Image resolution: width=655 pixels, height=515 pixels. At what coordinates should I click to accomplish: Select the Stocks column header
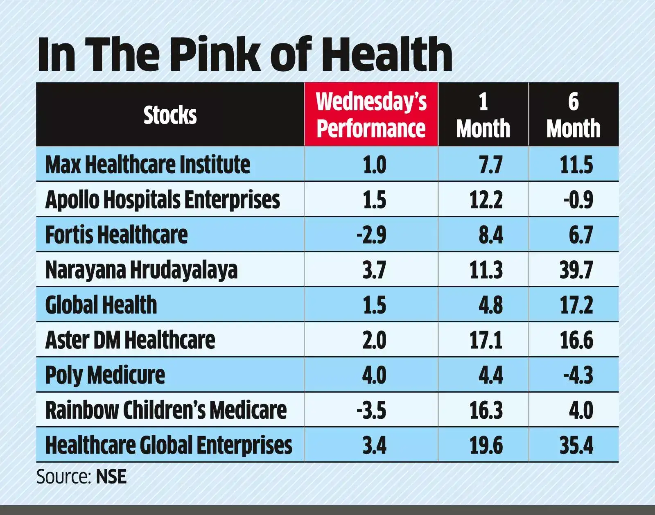pyautogui.click(x=170, y=115)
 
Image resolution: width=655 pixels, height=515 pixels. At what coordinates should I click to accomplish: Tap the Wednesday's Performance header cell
pyautogui.click(x=371, y=115)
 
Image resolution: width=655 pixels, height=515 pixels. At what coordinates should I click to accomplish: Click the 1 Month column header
pyautogui.click(x=483, y=115)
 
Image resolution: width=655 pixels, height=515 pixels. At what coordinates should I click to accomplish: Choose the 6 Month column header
pyautogui.click(x=574, y=115)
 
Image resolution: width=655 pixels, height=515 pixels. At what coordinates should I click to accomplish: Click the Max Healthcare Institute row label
pyautogui.click(x=147, y=165)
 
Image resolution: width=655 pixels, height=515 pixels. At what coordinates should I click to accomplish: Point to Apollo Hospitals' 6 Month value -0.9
pyautogui.click(x=578, y=200)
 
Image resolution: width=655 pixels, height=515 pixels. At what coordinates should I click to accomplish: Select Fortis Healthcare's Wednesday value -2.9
pyautogui.click(x=371, y=235)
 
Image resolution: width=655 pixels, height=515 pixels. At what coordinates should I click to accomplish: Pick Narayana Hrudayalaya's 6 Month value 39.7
pyautogui.click(x=576, y=270)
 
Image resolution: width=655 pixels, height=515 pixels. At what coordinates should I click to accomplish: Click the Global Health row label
pyautogui.click(x=101, y=305)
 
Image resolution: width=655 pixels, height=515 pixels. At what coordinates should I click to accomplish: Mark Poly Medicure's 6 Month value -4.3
pyautogui.click(x=578, y=375)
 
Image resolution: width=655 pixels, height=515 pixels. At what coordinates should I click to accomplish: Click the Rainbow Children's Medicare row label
pyautogui.click(x=166, y=410)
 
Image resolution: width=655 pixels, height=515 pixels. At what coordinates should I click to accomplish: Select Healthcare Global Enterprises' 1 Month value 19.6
pyautogui.click(x=486, y=445)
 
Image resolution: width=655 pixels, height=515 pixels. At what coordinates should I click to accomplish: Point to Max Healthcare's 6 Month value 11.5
pyautogui.click(x=576, y=165)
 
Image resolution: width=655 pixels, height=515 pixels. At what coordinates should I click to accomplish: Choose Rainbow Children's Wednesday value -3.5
pyautogui.click(x=371, y=411)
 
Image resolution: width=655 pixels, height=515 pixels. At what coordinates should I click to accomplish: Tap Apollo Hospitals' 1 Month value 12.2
pyautogui.click(x=486, y=200)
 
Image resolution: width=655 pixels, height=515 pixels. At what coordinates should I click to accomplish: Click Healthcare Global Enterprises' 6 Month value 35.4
pyautogui.click(x=576, y=445)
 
